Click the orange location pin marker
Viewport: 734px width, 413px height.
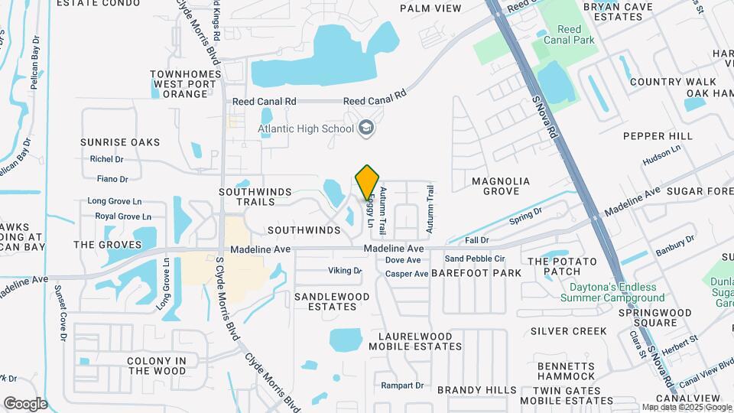coord(368,182)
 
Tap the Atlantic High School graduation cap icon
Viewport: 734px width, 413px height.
coord(366,128)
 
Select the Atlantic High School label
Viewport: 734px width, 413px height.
coord(306,128)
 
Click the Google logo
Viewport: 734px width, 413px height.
coord(25,403)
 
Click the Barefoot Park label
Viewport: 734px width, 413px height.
coord(476,273)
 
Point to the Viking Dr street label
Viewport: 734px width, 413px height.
coord(344,271)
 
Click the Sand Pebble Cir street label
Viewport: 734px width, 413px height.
coord(475,259)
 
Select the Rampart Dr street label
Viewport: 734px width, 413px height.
coord(402,385)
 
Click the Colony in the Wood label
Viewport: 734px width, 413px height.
coord(157,366)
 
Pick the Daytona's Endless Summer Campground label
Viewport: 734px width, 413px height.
coord(616,293)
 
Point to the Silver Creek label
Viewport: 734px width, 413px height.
coord(568,331)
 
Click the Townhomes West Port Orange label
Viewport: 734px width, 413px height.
coord(180,84)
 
